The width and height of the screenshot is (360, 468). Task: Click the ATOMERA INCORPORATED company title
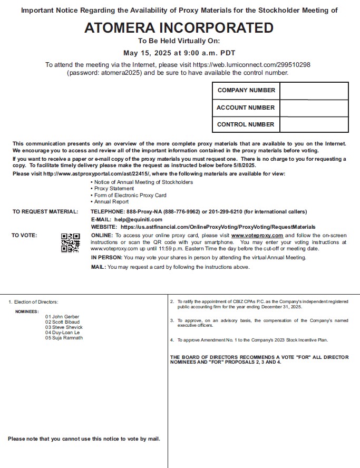pyautogui.click(x=179, y=28)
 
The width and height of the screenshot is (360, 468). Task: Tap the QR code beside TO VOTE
pyautogui.click(x=71, y=242)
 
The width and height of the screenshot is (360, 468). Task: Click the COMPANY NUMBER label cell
pyautogui.click(x=246, y=90)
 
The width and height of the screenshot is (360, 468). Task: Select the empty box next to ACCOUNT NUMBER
pyautogui.click(x=314, y=108)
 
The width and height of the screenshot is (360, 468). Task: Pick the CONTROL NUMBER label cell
pyautogui.click(x=246, y=124)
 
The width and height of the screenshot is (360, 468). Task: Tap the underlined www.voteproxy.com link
pyautogui.click(x=257, y=235)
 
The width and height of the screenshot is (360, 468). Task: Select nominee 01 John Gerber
pyautogui.click(x=62, y=317)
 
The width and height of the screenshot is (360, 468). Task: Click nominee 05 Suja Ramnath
pyautogui.click(x=64, y=338)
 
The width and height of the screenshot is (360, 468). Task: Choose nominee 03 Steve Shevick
pyautogui.click(x=64, y=327)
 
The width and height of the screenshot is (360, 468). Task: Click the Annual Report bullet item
pyautogui.click(x=110, y=202)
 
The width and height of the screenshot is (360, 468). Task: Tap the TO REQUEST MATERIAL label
pyautogui.click(x=45, y=212)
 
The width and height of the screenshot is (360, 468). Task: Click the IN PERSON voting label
pyautogui.click(x=106, y=258)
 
